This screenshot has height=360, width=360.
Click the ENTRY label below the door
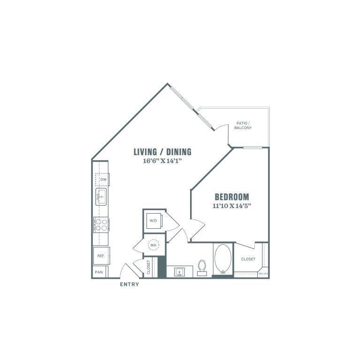click(130, 284)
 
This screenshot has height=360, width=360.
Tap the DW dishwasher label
click(103, 180)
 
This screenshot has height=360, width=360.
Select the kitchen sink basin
click(101, 197)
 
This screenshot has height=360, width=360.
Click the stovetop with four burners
click(101, 225)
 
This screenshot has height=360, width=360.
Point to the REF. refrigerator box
click(101, 256)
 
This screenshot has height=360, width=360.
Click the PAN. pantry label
click(99, 272)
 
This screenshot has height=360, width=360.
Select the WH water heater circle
click(153, 245)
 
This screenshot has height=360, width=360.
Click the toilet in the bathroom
click(202, 268)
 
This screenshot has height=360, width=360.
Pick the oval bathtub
click(223, 259)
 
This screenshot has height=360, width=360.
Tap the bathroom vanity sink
click(179, 272)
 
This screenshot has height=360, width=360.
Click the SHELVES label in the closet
click(263, 274)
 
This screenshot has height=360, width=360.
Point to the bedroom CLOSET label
click(248, 259)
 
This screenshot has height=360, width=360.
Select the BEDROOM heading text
click(232, 197)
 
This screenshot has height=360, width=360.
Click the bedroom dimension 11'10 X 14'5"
click(232, 206)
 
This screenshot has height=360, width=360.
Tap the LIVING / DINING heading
click(162, 152)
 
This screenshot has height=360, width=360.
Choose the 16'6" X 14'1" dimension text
click(162, 161)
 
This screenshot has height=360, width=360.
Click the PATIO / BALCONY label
click(243, 126)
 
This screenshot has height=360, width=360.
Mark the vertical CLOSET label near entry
click(148, 267)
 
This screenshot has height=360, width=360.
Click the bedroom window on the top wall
click(253, 147)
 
